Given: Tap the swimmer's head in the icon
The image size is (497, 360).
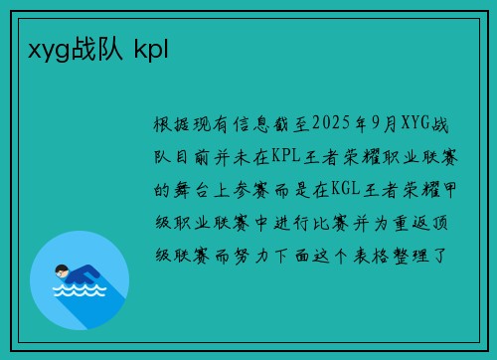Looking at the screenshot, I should coord(62,269).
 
